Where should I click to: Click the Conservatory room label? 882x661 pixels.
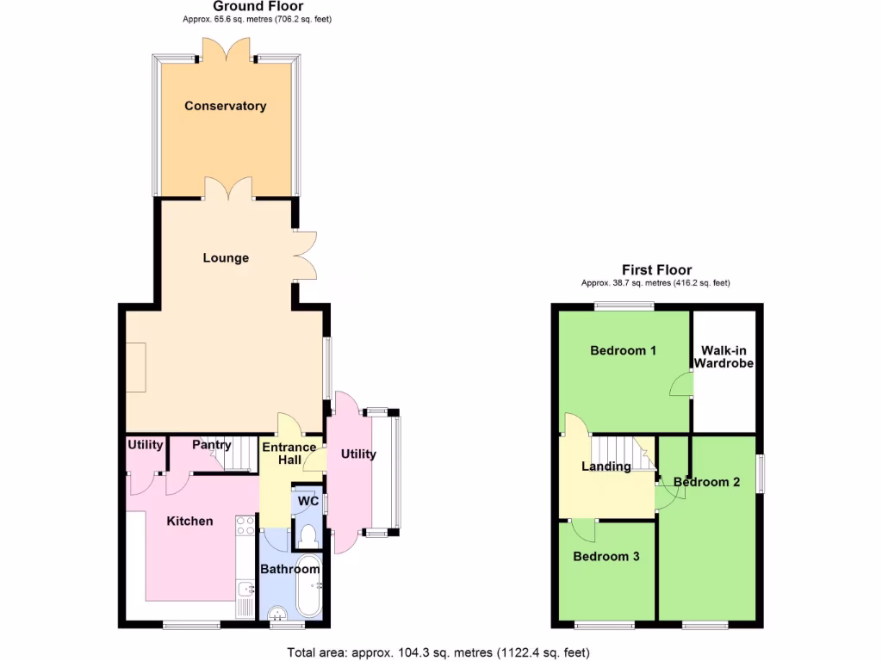click(225, 106)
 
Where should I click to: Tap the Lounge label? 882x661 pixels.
click(226, 257)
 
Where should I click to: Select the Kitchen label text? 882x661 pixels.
click(189, 521)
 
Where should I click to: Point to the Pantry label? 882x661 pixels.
click(211, 445)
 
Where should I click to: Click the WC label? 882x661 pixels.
click(307, 502)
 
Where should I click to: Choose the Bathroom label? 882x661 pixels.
click(290, 569)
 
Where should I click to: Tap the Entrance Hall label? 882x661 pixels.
click(289, 454)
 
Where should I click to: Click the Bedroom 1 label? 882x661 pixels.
click(624, 350)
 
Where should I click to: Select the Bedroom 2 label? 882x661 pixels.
click(706, 482)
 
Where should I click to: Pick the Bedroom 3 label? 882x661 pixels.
click(606, 556)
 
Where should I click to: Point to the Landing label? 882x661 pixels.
click(606, 466)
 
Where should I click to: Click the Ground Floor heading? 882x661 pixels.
click(246, 7)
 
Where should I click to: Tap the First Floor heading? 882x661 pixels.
click(656, 270)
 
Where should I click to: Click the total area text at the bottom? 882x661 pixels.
click(438, 652)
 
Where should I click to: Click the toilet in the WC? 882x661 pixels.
click(307, 535)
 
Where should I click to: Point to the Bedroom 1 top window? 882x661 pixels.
click(623, 306)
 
